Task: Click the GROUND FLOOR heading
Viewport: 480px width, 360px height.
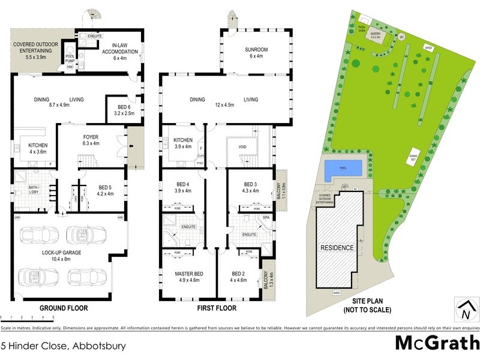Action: coord(63,308)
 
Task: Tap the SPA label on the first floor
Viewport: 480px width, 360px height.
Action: coord(266,217)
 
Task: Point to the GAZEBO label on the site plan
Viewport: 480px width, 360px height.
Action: coord(376,34)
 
